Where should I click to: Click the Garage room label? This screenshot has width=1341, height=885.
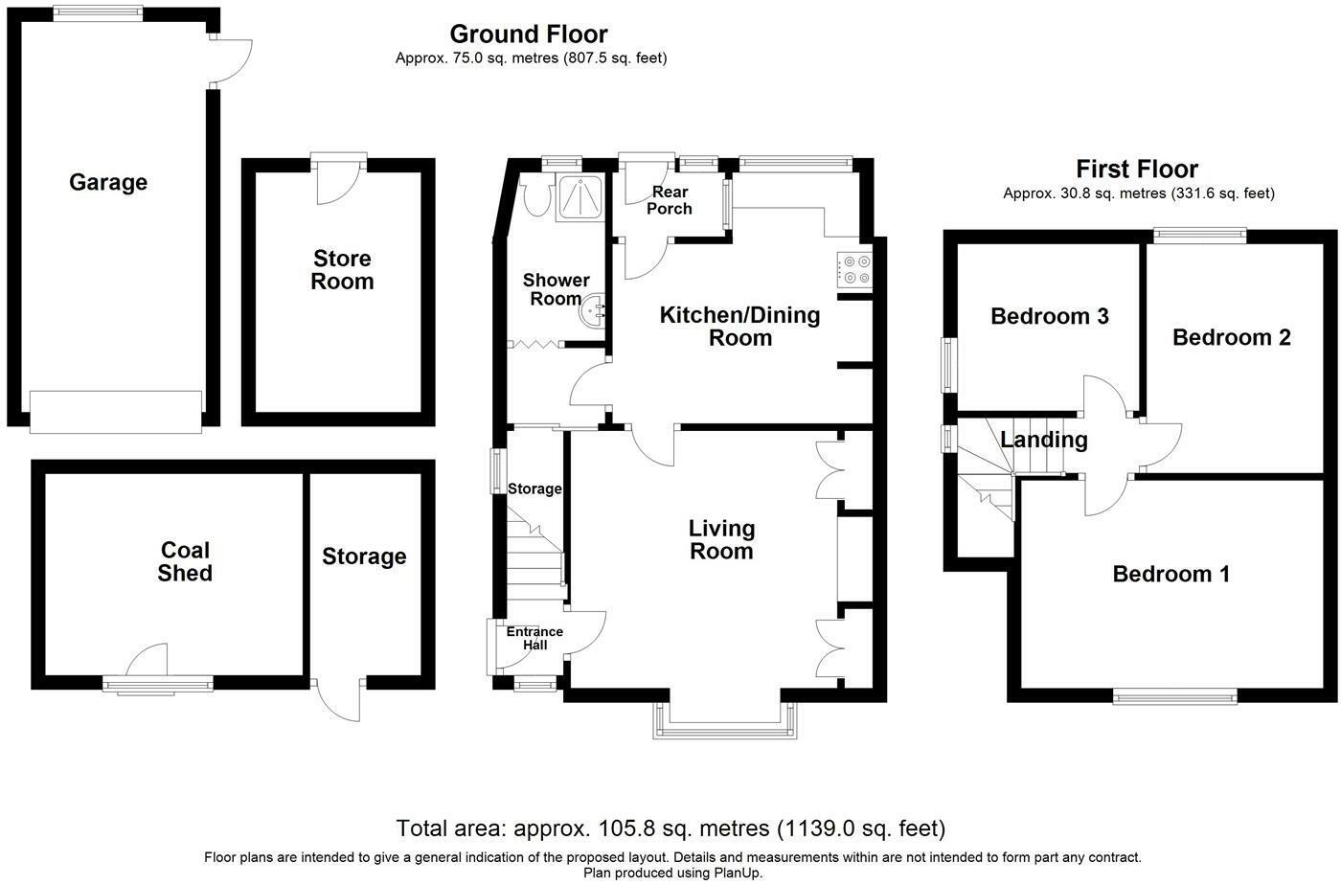108,182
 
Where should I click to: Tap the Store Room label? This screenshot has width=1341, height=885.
342,270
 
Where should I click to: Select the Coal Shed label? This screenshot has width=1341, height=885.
185,561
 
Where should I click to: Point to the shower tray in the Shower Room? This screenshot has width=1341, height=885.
580,197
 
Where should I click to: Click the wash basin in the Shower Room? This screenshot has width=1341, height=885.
593,311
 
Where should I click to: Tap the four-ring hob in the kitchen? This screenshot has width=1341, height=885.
854,270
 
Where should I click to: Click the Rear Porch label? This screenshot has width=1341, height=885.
670,200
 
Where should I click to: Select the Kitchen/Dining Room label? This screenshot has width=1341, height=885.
739,327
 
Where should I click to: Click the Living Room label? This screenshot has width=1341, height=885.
721,539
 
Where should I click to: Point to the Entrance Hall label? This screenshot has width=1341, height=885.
534,638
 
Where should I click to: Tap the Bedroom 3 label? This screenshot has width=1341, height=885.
1050,316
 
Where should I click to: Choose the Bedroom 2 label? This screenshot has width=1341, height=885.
1232,337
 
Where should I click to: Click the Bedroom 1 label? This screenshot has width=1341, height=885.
1171,574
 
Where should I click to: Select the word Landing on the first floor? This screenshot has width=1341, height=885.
1044,440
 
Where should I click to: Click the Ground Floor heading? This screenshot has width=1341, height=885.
529,34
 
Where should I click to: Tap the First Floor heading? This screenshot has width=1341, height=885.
1137,170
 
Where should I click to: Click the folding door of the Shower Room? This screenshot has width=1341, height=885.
535,344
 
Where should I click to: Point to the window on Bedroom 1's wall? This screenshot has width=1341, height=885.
1174,695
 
